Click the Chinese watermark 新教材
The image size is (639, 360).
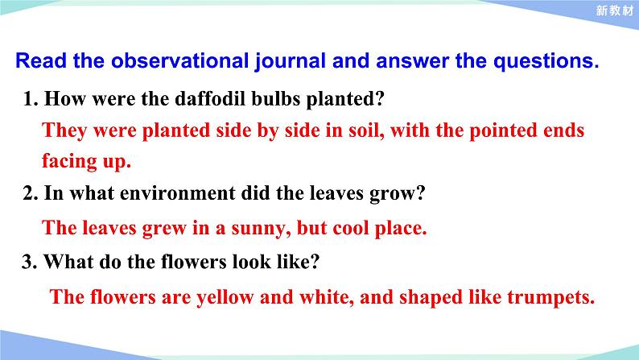click(615, 10)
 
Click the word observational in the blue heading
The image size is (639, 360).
click(179, 60)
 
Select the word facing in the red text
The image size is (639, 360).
click(69, 161)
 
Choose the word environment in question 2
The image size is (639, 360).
click(177, 192)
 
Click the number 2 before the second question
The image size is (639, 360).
click(30, 192)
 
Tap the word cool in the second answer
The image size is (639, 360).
click(350, 228)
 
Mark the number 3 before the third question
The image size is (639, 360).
click(29, 262)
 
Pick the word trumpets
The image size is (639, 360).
click(550, 298)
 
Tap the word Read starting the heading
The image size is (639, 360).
click(41, 60)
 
